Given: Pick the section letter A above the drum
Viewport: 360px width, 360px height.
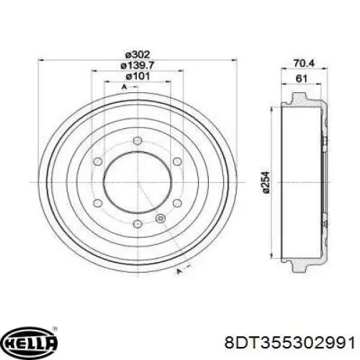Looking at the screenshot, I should (125, 87).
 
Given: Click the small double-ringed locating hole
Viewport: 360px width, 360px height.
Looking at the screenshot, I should (161, 218).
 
